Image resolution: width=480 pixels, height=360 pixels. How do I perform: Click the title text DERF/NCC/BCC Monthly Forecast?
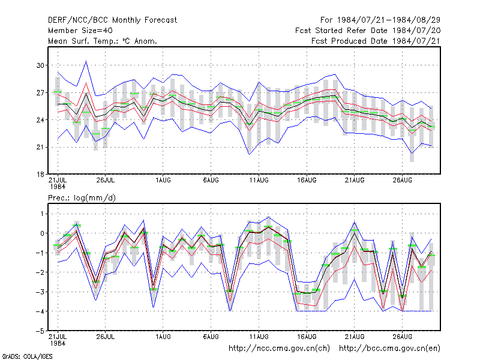[x=112, y=20]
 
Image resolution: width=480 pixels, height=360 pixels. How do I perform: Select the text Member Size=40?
[x=80, y=31]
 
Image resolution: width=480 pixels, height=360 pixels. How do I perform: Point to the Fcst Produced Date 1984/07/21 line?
[x=376, y=41]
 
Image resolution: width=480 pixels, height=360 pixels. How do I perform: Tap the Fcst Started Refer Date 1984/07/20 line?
[x=368, y=31]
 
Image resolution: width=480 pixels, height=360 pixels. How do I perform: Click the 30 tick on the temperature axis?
[x=40, y=65]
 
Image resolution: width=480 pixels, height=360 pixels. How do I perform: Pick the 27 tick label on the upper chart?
[x=40, y=92]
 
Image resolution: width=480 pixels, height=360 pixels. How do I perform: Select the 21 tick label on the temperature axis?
[x=40, y=147]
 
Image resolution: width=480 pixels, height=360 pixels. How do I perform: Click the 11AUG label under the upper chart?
[x=259, y=180]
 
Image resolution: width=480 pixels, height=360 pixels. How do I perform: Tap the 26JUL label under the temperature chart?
[x=106, y=180]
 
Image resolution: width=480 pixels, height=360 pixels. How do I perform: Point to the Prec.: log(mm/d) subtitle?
[x=82, y=198]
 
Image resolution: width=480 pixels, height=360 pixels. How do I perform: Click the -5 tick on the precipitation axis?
[x=40, y=331]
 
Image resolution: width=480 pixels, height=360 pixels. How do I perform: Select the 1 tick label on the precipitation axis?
[x=42, y=214]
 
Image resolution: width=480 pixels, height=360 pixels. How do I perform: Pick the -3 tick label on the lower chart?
[x=40, y=292]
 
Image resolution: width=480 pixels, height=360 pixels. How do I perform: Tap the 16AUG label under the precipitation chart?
[x=307, y=337]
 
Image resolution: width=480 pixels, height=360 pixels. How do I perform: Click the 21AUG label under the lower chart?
[x=355, y=337]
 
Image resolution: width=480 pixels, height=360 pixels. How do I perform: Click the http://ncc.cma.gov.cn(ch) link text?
[x=279, y=349]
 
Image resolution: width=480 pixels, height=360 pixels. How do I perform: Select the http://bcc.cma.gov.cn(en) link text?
[x=389, y=349]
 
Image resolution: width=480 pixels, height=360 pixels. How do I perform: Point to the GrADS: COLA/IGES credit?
[x=27, y=356]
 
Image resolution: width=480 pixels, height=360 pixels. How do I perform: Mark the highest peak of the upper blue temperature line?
[x=86, y=61]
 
